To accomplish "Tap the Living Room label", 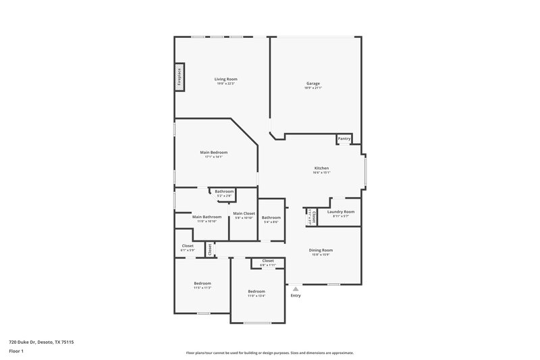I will coord(226,79).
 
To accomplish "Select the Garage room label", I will coord(313,84).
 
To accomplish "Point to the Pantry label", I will coord(344,138).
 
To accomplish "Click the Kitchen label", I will coord(321,168).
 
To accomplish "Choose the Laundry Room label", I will coord(340,211).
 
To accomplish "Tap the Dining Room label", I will coord(321,250).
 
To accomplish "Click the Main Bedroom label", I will coord(213,153).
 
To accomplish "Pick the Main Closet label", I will coord(244,213).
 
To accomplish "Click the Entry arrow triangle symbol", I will coord(295,288).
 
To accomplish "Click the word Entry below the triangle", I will coord(296,296).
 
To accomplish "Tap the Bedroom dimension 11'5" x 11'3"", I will coord(202,288).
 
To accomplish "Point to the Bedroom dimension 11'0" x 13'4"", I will coord(256,296).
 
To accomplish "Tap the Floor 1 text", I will coord(16,352).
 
